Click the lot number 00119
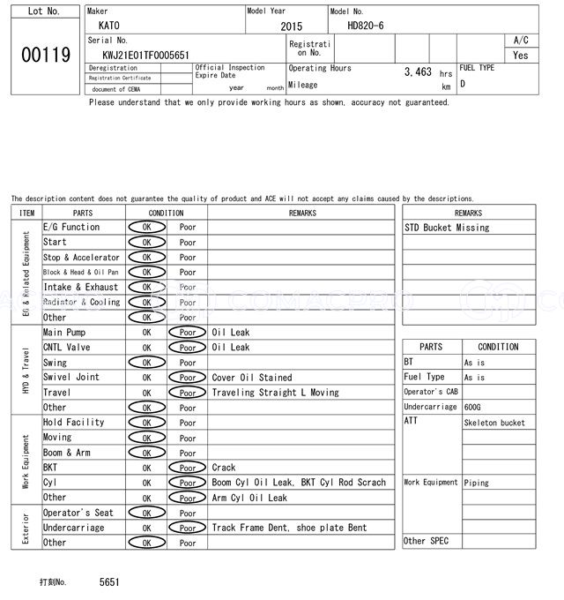pos(45,55)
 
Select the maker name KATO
pos(108,26)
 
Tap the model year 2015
pos(291,26)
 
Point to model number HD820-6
pos(366,26)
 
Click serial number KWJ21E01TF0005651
pos(145,55)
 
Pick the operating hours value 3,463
pos(418,71)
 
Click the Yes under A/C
pos(521,55)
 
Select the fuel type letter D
pos(463,84)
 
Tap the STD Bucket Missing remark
pos(447,228)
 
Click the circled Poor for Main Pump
pos(187,333)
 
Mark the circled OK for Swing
pos(146,363)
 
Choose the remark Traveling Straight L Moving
pos(275,393)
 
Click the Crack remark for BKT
pos(224,468)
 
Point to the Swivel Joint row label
pos(71,378)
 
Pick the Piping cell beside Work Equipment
pos(477,483)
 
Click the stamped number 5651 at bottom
pos(109,582)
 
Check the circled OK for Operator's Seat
pos(146,513)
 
